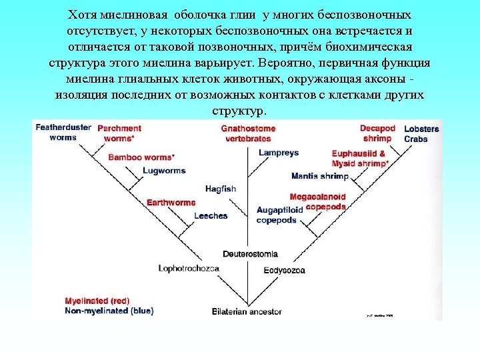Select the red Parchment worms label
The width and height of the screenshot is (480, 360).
(x=119, y=133)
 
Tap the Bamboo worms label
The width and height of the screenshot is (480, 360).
(x=141, y=157)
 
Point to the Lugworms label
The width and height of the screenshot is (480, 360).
(x=164, y=171)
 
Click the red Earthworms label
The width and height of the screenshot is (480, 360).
(x=171, y=202)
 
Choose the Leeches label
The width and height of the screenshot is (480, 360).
(x=211, y=216)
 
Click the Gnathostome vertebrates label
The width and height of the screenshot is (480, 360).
(x=248, y=133)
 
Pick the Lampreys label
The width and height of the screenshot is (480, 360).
(x=279, y=153)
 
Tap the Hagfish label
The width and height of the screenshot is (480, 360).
(x=221, y=189)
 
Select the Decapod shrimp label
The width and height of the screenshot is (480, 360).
(x=377, y=133)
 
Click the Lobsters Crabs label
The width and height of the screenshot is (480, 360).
(x=421, y=133)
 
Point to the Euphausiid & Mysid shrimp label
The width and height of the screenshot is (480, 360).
(x=360, y=158)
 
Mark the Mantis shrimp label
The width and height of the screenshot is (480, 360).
(x=320, y=176)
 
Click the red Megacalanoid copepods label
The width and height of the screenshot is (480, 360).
(x=318, y=201)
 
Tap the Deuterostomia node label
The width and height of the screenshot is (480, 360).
(x=250, y=254)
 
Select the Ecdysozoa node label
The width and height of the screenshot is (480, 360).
(x=284, y=270)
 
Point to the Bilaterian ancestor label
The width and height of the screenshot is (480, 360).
(x=247, y=311)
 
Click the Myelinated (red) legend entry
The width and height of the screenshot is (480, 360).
(x=97, y=300)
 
